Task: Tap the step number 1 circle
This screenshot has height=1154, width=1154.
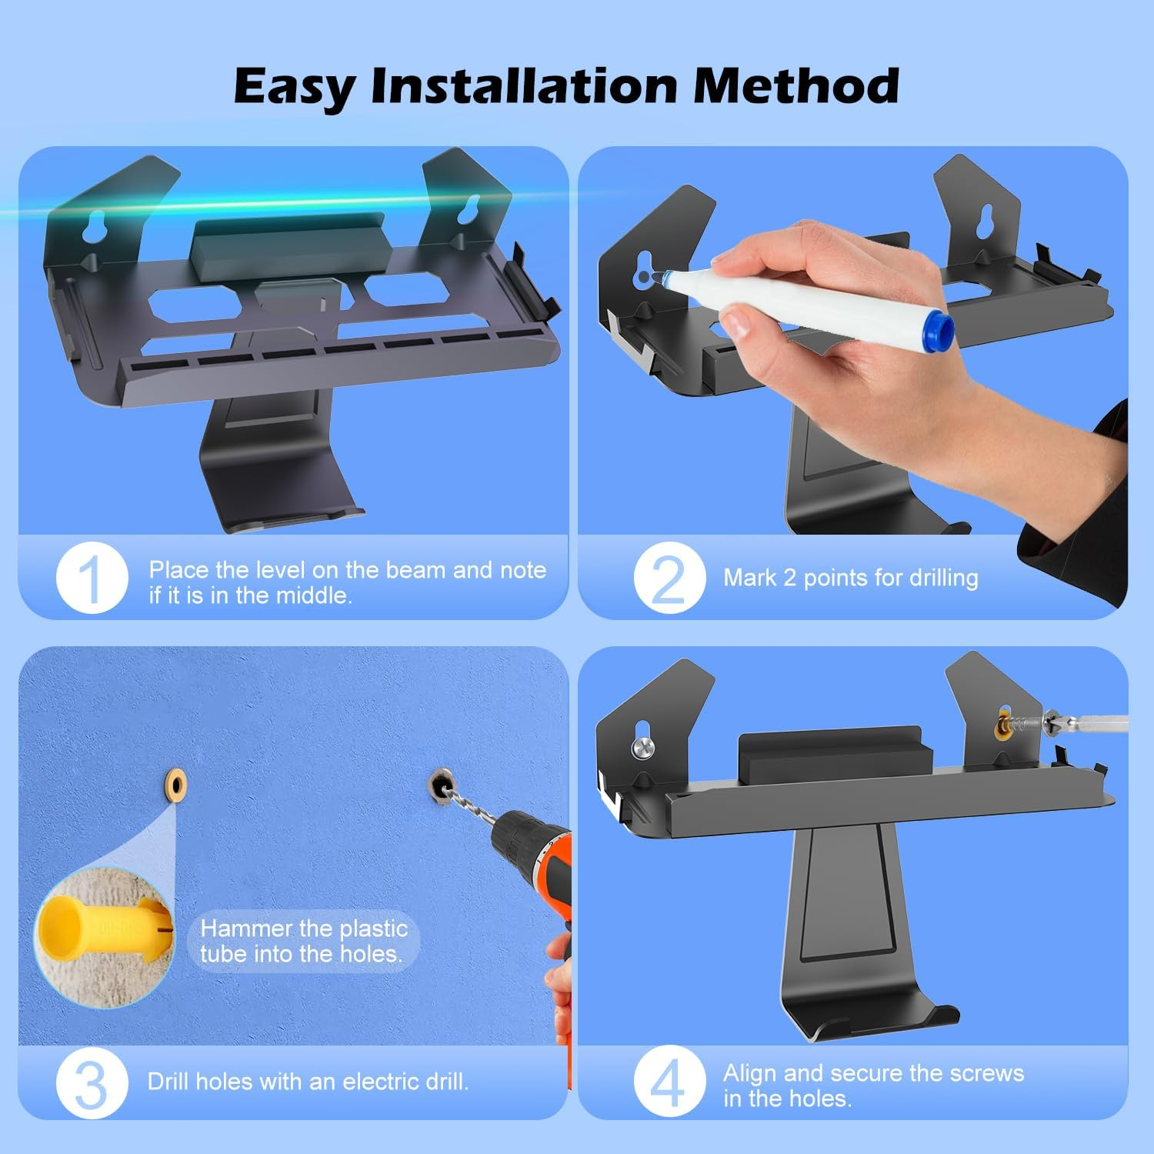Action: pyautogui.click(x=92, y=579)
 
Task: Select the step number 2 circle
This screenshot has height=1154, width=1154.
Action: pyautogui.click(x=669, y=578)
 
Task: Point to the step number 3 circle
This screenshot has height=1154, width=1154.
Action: pyautogui.click(x=92, y=1082)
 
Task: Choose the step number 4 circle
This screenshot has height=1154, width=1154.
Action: pyautogui.click(x=669, y=1082)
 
